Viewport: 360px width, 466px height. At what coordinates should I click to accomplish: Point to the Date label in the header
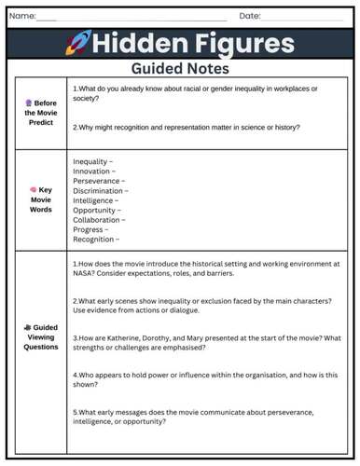pos(249,16)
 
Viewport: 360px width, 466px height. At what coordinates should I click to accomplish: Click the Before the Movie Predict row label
pos(40,112)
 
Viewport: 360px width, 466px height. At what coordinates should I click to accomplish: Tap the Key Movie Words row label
pos(40,199)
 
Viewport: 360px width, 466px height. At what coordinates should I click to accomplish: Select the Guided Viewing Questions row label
pos(40,337)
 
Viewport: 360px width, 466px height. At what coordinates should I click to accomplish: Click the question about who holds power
pos(205,378)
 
